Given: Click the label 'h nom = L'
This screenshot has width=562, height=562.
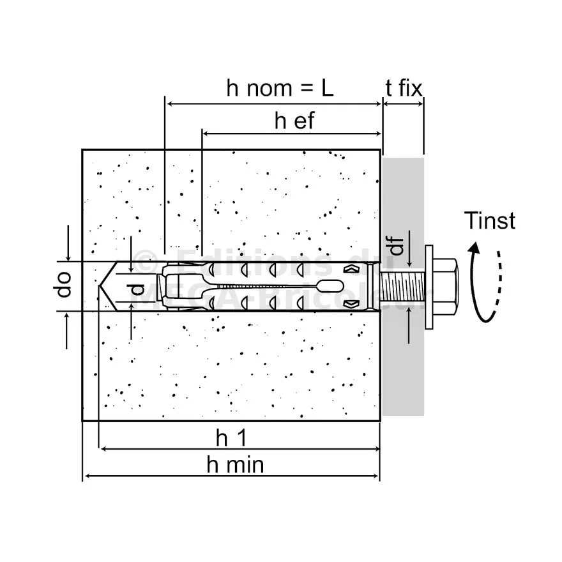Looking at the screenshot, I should click(280, 88).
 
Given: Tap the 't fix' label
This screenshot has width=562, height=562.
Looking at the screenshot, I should click(404, 88).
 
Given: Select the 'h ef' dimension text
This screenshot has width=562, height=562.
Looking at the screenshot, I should click(294, 121).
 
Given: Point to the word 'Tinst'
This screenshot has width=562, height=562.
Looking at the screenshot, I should click(490, 221).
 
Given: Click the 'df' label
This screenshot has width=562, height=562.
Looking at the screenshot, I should click(397, 246).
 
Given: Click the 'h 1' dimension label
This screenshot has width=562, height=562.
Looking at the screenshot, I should click(231, 439).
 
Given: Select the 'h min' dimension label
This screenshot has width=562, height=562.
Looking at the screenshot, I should click(235, 465).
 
